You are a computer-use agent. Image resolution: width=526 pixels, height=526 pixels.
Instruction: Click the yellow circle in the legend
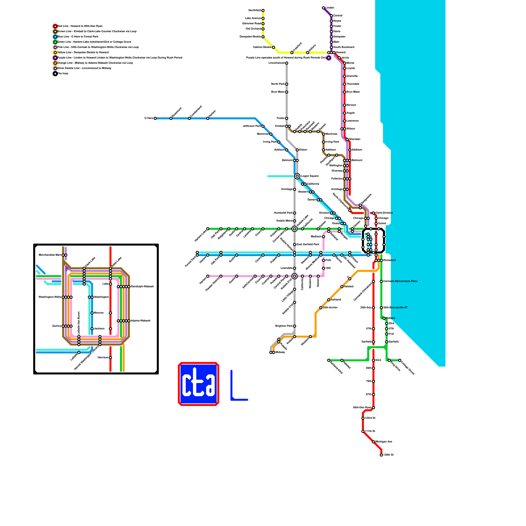[x=55, y=53]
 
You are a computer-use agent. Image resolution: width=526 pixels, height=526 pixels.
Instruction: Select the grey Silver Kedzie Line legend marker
[x=55, y=68]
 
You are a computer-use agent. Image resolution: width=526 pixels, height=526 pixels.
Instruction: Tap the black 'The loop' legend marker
[x=55, y=74]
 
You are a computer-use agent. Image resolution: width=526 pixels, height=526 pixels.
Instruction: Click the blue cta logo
[x=199, y=384]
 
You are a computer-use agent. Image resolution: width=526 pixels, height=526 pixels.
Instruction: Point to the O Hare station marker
[x=155, y=118]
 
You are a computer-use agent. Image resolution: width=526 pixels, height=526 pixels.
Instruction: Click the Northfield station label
[x=255, y=11]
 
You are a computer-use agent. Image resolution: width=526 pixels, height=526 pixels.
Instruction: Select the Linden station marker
[x=323, y=8]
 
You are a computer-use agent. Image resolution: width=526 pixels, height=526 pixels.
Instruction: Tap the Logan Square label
[x=310, y=176]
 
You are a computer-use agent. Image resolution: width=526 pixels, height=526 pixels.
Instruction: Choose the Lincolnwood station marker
[x=287, y=63]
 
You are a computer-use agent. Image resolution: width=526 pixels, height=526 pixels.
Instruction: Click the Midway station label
[x=280, y=352]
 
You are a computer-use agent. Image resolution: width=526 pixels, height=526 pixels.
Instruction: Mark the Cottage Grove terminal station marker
[x=400, y=360]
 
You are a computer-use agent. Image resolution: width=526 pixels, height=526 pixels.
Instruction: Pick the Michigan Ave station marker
[x=373, y=442]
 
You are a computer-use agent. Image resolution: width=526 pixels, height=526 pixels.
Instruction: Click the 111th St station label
[x=370, y=431]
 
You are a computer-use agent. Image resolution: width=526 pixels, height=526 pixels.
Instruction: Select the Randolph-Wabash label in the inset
[x=142, y=287]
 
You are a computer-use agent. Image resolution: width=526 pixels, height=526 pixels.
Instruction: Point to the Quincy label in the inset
[x=57, y=326]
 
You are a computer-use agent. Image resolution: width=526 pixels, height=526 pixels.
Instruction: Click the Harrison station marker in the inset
[x=110, y=358]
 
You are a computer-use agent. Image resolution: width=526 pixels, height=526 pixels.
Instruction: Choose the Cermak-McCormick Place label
[x=400, y=281]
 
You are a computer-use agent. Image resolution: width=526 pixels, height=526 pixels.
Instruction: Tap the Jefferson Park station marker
[x=263, y=126]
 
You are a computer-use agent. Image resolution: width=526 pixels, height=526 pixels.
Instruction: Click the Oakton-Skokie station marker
[x=274, y=47]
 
